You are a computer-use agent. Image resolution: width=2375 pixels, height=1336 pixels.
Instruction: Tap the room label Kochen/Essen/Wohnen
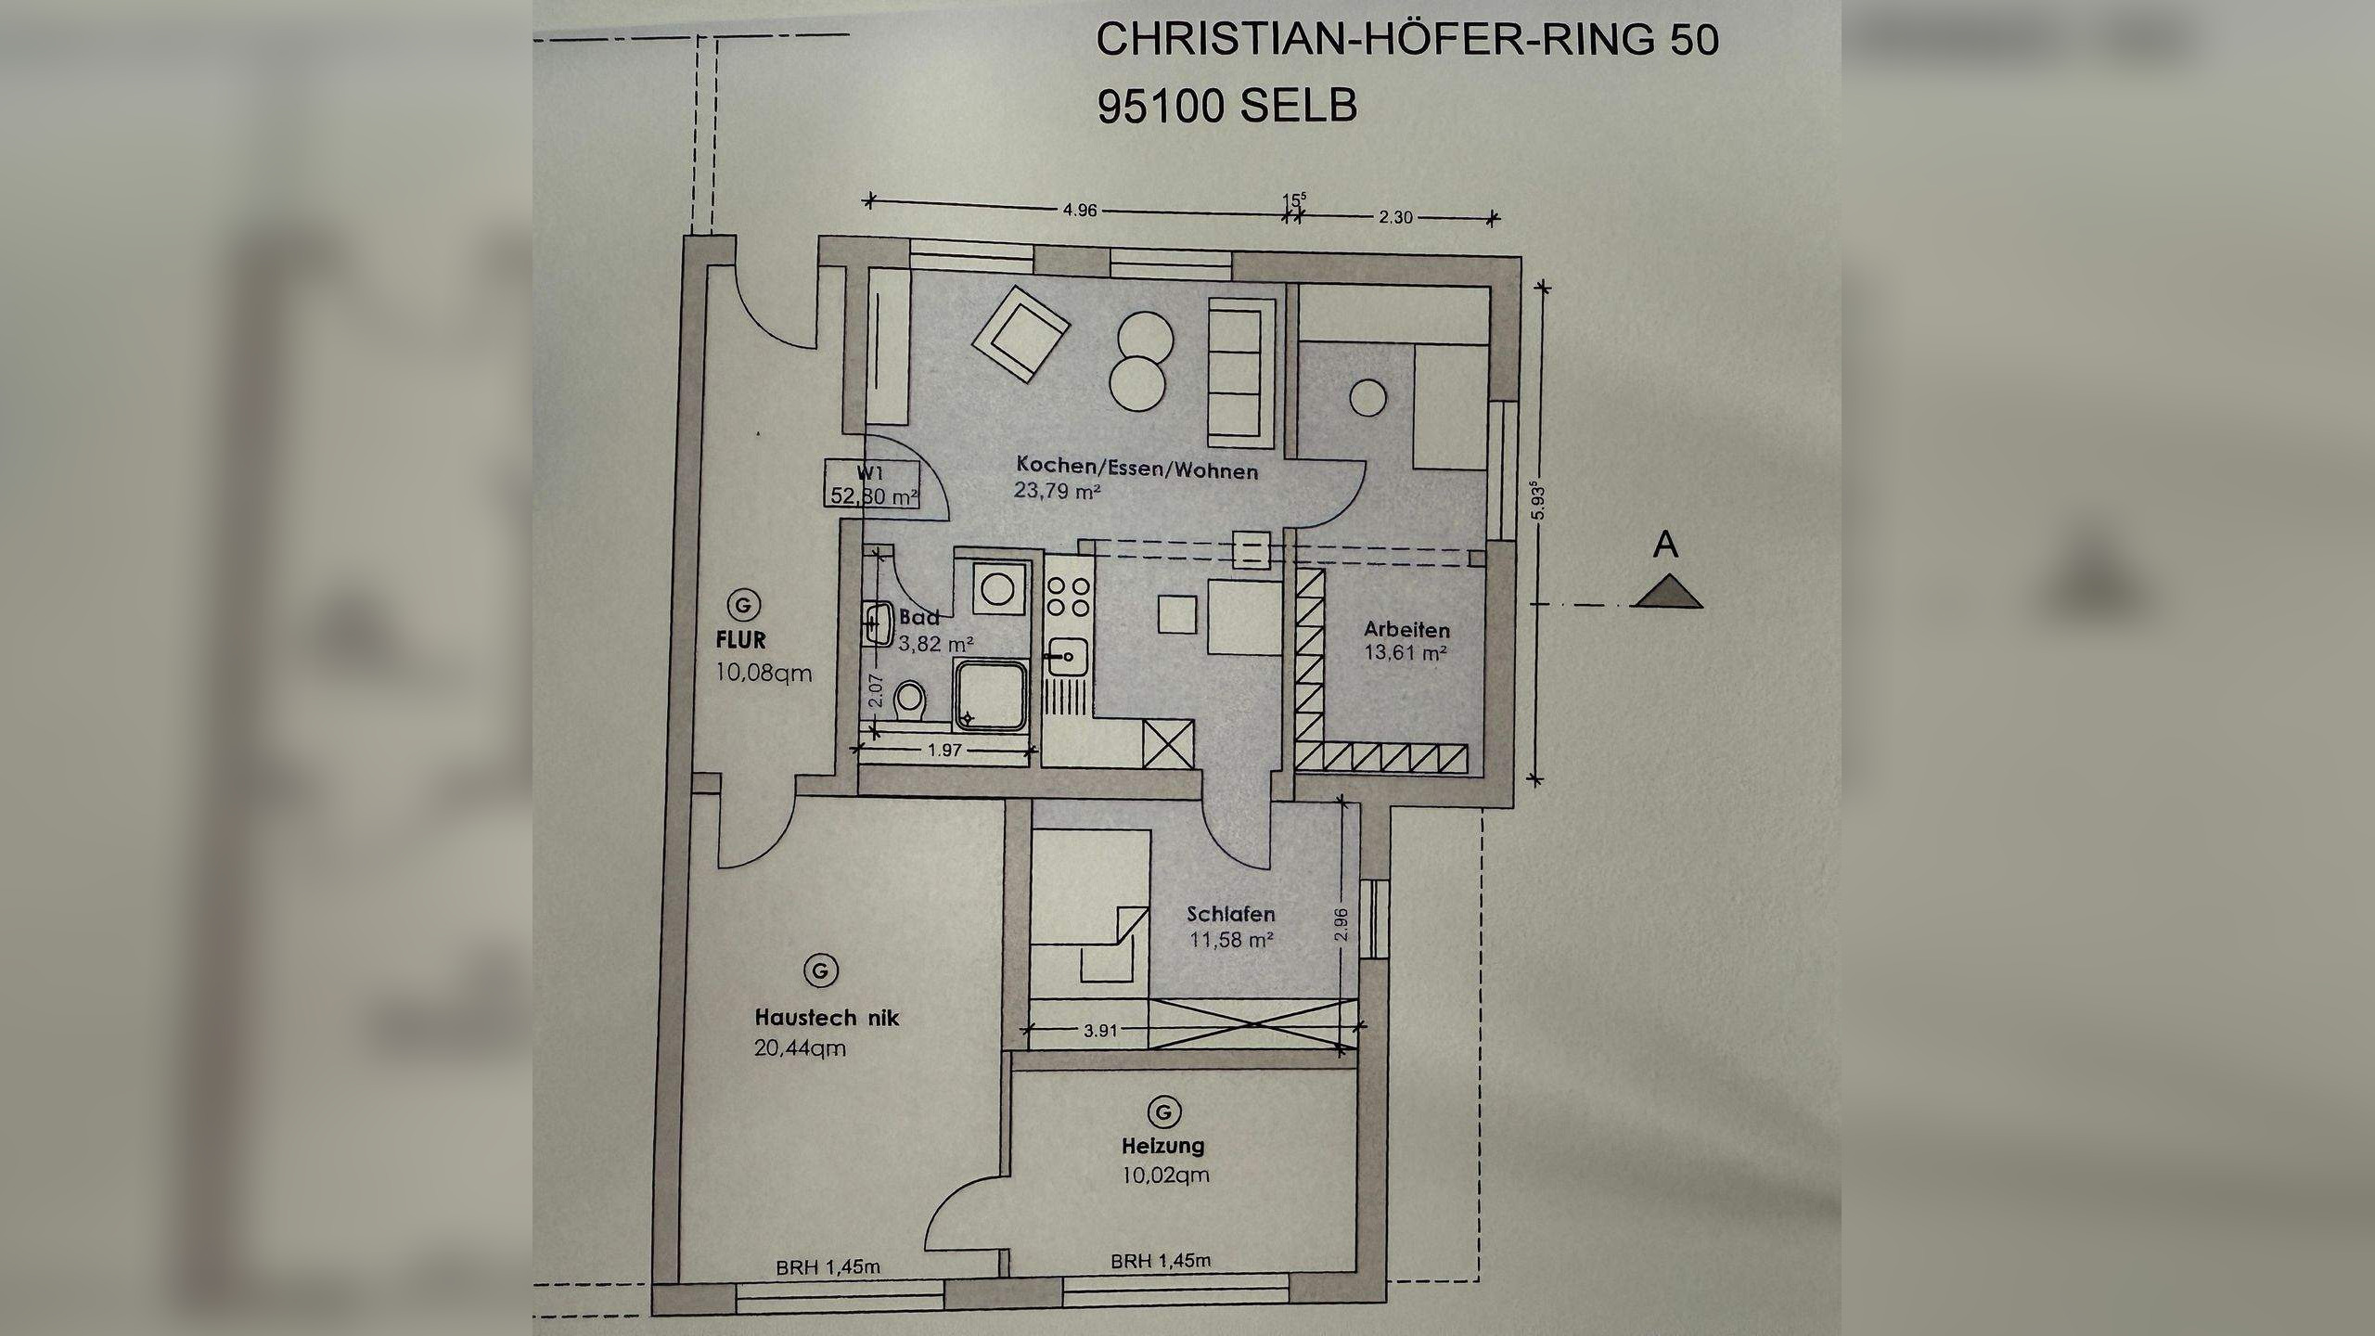(x=1136, y=467)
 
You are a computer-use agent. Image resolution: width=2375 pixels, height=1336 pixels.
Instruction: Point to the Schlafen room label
(x=1230, y=915)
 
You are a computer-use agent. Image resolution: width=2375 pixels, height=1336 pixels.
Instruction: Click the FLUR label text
(x=740, y=639)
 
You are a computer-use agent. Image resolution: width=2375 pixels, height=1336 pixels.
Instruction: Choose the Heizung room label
(x=1162, y=1145)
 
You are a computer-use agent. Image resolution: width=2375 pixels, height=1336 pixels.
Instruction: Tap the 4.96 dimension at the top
(x=1080, y=211)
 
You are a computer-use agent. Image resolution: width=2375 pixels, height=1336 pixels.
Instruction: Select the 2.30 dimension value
(x=1395, y=218)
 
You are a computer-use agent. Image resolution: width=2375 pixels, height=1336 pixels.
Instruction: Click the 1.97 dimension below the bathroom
(x=945, y=751)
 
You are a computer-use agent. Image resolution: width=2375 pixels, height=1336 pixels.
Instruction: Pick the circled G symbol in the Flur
(x=742, y=605)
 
